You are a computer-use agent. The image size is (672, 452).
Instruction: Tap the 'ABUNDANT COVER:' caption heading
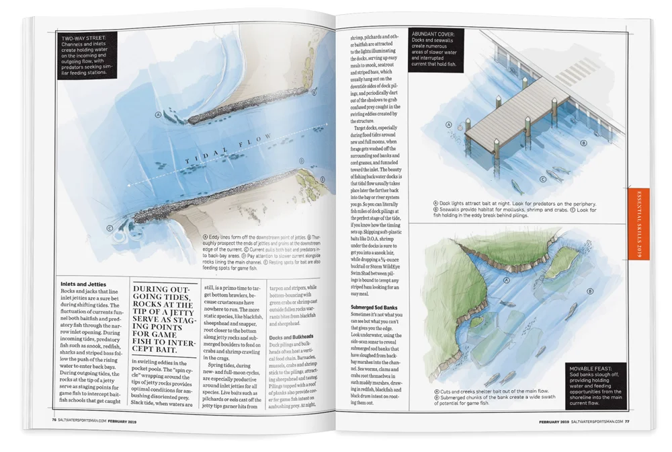coord(433,33)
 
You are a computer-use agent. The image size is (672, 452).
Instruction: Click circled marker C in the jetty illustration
coord(109,228)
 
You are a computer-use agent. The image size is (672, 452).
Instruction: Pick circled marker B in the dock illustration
coord(583,143)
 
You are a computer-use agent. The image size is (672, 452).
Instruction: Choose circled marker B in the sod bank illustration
coord(589,291)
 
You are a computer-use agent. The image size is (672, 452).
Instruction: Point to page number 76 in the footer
coord(54,422)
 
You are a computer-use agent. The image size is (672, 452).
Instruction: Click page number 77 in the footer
coord(626,422)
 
